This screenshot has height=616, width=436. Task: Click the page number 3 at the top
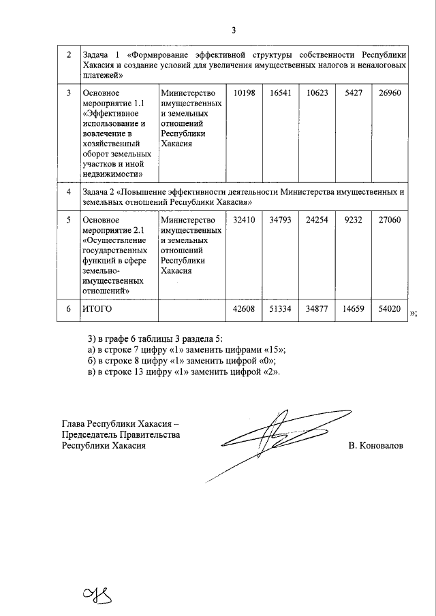click(x=234, y=30)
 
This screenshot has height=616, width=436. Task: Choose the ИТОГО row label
click(x=97, y=309)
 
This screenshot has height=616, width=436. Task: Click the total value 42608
click(x=243, y=309)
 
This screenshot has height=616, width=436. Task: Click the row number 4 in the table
click(x=68, y=193)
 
